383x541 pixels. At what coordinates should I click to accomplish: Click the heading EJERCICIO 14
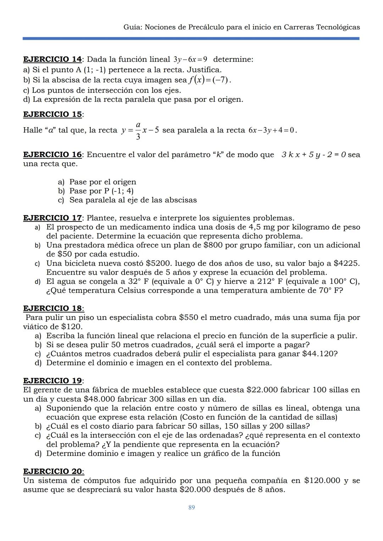point(52,59)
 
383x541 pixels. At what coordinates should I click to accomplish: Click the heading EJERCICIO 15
point(52,114)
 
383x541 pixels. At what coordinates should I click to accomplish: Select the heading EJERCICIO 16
point(52,154)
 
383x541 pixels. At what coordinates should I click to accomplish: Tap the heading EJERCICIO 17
point(52,218)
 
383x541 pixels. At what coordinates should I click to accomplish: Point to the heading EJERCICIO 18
point(52,308)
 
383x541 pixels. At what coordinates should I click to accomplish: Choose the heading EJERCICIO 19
point(52,381)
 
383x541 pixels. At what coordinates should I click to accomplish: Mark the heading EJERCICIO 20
point(52,472)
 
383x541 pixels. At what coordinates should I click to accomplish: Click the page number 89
point(191,508)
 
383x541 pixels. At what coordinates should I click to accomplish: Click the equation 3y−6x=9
point(190,59)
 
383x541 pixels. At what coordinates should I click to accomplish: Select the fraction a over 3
point(138,130)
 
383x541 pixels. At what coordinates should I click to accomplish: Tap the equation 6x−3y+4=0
point(271,130)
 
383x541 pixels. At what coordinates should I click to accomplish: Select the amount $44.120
point(318,354)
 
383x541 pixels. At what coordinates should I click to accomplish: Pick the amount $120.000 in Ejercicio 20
point(322,481)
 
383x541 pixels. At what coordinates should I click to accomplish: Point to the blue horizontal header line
point(191,38)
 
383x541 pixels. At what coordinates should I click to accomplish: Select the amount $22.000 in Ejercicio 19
point(262,390)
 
